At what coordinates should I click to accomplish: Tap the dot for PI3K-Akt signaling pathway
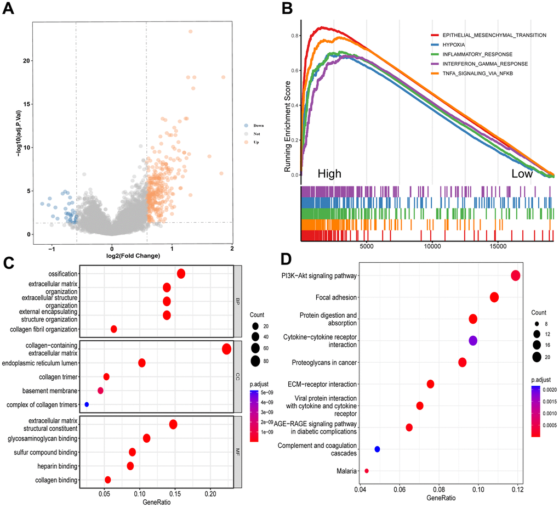pos(515,275)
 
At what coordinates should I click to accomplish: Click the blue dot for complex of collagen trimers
pos(87,404)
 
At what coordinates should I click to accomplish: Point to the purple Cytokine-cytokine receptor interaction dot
pos(473,341)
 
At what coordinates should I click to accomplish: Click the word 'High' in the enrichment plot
pos(329,173)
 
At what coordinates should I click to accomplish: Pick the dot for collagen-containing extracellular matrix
pos(226,349)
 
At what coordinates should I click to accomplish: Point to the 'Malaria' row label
pos(345,471)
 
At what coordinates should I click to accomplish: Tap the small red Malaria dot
pos(367,471)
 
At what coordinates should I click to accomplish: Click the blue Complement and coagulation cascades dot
pos(377,449)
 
